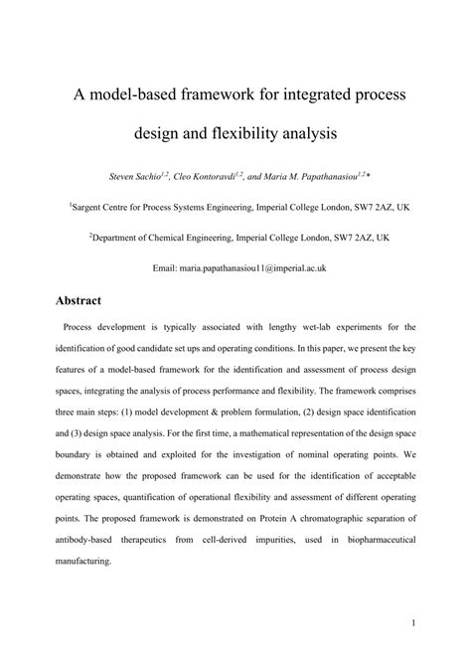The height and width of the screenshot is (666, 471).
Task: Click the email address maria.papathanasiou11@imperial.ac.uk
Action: click(x=252, y=268)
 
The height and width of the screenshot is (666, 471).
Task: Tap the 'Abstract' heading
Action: click(x=85, y=298)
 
